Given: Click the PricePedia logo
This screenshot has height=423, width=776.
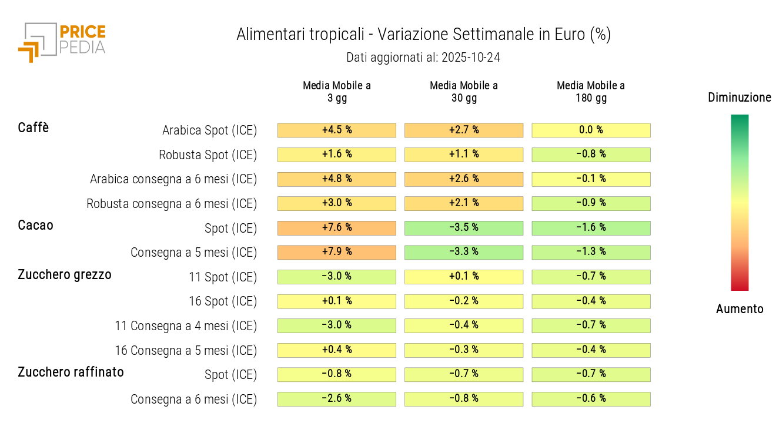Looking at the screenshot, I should (x=61, y=42).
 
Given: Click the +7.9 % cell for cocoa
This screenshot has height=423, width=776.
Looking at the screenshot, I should (x=337, y=252).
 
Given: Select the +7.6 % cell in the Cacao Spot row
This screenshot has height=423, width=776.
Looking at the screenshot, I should (x=337, y=228).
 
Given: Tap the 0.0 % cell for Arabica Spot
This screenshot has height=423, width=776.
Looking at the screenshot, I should (x=591, y=130).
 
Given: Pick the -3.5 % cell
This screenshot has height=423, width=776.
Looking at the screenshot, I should (x=464, y=228).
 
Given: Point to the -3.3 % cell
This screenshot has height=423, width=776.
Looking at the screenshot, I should (x=464, y=252).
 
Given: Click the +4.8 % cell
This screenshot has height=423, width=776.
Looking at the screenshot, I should (x=337, y=179).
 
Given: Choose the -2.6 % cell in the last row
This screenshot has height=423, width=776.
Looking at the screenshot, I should (x=337, y=399).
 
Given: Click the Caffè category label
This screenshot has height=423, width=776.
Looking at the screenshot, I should (x=34, y=127).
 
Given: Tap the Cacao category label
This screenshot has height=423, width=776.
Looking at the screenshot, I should (x=35, y=225).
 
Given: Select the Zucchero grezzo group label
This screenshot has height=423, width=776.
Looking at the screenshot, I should (x=65, y=274).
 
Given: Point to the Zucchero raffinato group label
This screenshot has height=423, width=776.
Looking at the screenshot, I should (x=71, y=372).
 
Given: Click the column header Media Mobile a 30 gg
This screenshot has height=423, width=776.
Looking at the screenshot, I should (x=464, y=92).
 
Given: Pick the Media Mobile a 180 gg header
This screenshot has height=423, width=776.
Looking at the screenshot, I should (x=591, y=92).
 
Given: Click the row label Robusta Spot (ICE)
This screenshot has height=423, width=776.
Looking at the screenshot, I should (x=208, y=155).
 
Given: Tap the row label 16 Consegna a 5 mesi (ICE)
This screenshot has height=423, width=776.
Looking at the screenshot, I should (x=186, y=351).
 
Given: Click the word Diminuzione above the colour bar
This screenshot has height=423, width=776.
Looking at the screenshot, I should (x=740, y=98).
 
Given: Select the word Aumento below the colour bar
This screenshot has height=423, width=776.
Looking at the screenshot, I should (x=740, y=309).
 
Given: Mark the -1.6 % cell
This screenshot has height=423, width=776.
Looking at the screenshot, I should (x=591, y=228).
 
